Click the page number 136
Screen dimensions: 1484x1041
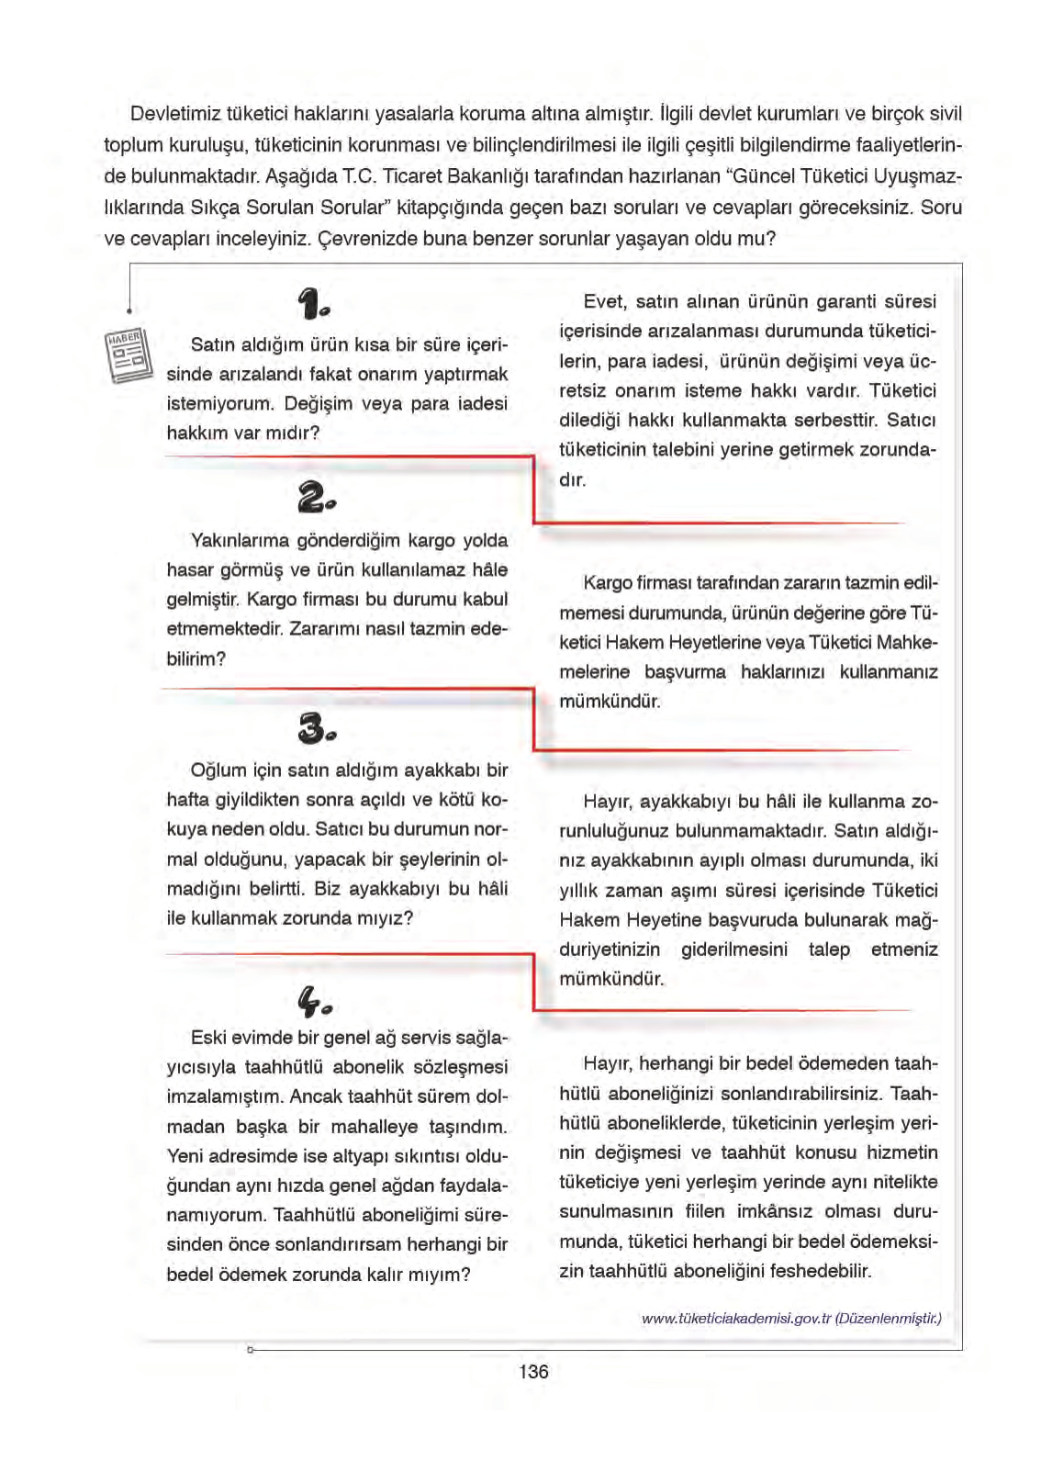(533, 1371)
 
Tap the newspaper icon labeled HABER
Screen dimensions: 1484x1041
(127, 354)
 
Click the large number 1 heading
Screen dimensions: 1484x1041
(313, 303)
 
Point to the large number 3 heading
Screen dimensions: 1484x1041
(316, 728)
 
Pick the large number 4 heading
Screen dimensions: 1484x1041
(314, 1001)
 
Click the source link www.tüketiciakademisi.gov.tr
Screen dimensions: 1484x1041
(735, 1318)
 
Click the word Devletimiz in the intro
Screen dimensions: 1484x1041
(171, 114)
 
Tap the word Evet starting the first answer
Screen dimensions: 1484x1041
(604, 301)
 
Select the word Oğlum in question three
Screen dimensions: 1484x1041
(218, 770)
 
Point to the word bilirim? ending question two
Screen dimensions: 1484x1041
(196, 658)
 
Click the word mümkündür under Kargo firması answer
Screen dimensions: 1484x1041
(610, 702)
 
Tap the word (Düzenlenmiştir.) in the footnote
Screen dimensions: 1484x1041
(888, 1318)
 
